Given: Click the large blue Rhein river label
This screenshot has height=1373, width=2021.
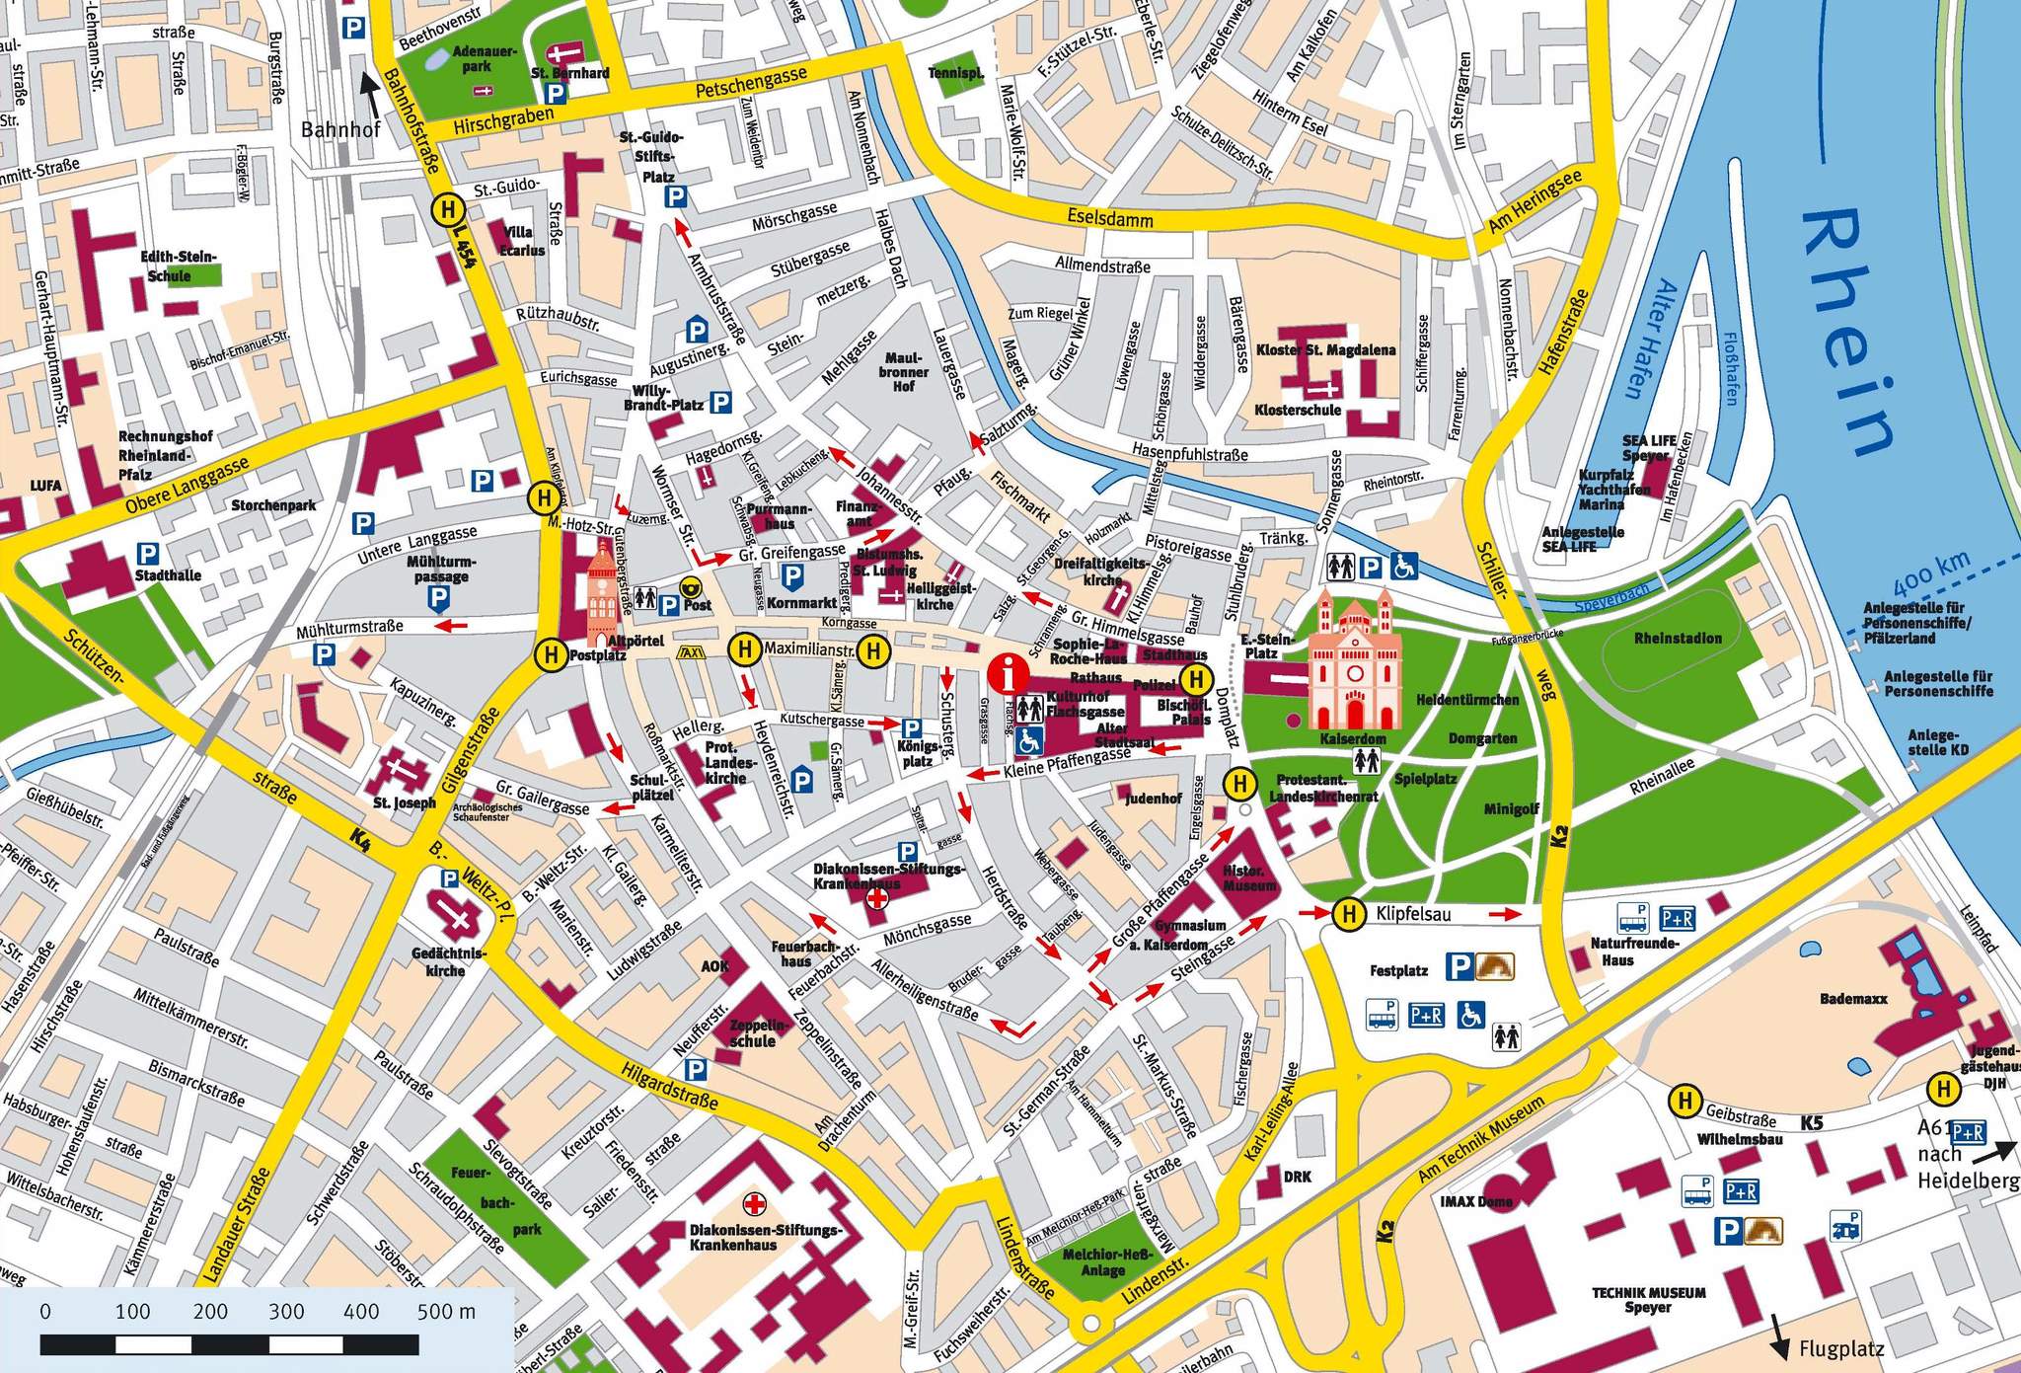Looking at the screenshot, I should [x=1846, y=336].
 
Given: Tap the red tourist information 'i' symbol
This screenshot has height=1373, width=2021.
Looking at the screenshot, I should [x=1006, y=676].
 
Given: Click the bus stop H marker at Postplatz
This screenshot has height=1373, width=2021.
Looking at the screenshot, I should [x=549, y=653].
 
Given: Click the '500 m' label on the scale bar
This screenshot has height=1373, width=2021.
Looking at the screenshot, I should [x=446, y=1312].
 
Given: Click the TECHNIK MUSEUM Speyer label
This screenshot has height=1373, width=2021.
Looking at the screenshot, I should [x=1648, y=1299].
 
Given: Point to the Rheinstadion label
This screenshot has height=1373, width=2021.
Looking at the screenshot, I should [x=1678, y=639].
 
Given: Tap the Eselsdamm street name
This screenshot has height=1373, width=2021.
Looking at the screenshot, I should [x=1109, y=216].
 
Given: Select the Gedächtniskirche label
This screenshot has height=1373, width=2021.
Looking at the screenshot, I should [x=445, y=961].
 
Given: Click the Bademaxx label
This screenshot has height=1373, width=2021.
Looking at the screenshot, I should [x=1853, y=999].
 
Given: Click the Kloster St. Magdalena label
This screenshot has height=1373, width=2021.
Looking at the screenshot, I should [x=1325, y=350].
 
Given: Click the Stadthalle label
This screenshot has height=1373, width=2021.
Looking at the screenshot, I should [x=168, y=575].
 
